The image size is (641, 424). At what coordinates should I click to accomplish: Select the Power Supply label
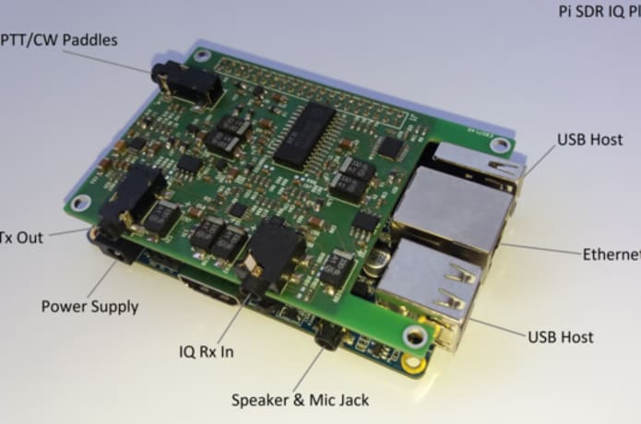(89, 305)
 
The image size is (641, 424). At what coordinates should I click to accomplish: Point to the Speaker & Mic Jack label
(300, 400)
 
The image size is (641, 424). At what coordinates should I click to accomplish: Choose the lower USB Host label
(560, 337)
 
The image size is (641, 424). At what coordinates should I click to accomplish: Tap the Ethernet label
(611, 254)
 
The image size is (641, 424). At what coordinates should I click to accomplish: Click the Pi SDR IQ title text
(599, 13)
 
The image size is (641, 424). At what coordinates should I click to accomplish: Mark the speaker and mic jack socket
(326, 336)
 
